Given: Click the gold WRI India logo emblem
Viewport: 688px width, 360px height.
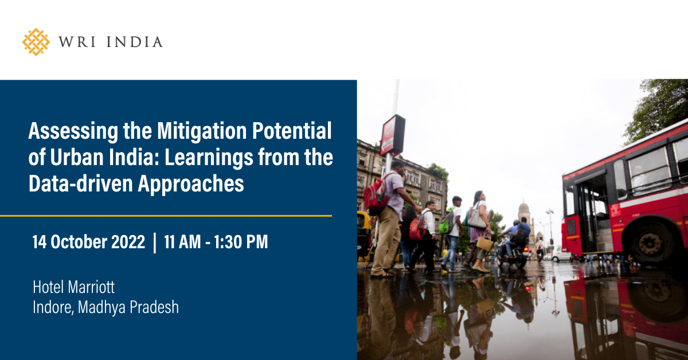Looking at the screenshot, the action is (36, 42).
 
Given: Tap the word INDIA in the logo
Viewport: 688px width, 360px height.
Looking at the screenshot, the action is (135, 42).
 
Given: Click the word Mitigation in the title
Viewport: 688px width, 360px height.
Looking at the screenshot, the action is (202, 131).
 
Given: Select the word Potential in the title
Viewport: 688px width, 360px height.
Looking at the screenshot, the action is (292, 131).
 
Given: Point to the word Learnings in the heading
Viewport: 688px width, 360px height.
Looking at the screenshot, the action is (209, 158).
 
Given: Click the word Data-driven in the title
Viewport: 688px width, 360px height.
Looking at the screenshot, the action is (80, 183).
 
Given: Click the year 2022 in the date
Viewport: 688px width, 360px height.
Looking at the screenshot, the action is (128, 241).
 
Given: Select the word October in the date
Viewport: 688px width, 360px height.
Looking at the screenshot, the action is (79, 241).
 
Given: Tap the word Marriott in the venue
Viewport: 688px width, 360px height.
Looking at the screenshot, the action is (91, 287).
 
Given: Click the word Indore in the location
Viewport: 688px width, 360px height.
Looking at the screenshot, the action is (53, 307).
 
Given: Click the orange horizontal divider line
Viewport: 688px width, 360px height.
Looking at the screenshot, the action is (166, 216).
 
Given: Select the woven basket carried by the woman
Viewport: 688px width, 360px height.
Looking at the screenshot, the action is (484, 242).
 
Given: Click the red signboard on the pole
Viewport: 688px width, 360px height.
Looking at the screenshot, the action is (392, 135).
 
